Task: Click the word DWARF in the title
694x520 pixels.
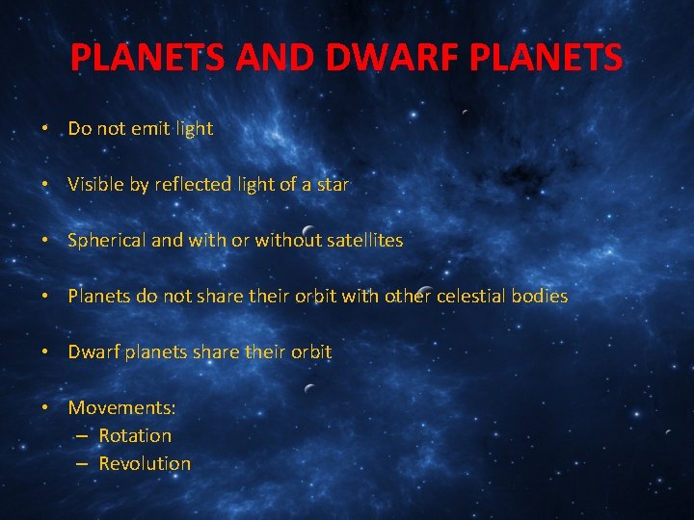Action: point(372,59)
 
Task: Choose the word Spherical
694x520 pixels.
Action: point(107,240)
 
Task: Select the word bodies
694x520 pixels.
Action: point(544,296)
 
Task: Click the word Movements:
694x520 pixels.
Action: point(121,407)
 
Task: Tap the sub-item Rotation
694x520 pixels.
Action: point(135,435)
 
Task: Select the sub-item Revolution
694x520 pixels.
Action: point(145,463)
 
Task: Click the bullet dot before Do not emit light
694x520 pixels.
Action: point(46,128)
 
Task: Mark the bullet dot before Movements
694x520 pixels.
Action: point(46,407)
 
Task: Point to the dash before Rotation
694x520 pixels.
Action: point(83,435)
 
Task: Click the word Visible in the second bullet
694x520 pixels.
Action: point(94,184)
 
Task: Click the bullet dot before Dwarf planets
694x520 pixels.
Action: point(46,351)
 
